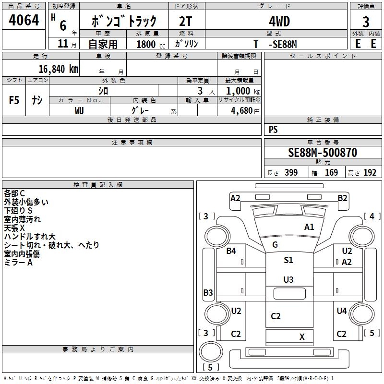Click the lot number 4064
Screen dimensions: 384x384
24,20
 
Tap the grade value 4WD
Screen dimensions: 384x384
279,21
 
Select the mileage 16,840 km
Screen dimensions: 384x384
58,69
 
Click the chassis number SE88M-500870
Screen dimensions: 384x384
323,152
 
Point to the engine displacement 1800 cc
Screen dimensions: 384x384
151,44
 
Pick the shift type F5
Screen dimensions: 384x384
14,100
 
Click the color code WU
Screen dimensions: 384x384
79,111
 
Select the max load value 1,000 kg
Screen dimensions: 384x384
243,91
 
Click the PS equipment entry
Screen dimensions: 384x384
273,129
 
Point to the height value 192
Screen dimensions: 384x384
370,172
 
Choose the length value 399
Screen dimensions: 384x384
291,172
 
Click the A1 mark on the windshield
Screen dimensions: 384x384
309,227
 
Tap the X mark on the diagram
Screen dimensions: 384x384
302,337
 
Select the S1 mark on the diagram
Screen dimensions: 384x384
288,260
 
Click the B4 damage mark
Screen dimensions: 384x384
231,251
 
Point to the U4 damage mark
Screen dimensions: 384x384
342,311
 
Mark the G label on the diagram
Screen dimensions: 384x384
275,244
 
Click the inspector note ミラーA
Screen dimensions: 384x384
18,263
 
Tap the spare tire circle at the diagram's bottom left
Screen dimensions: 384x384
211,351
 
